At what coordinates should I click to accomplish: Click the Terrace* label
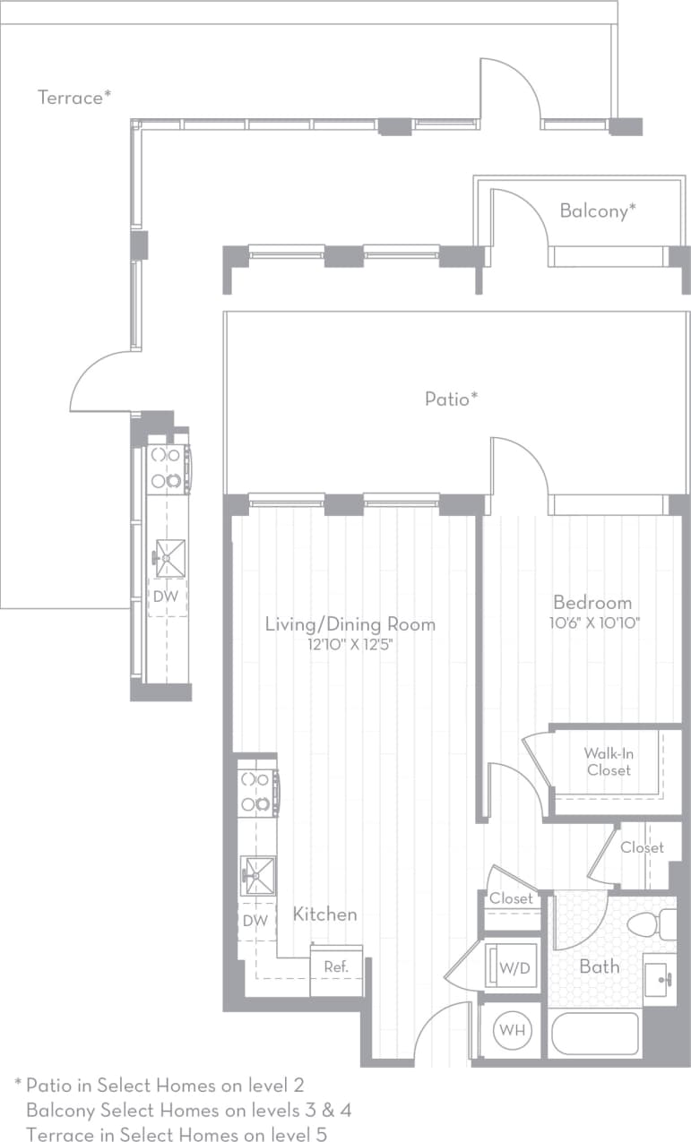pyautogui.click(x=74, y=98)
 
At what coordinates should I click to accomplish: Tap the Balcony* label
pyautogui.click(x=598, y=211)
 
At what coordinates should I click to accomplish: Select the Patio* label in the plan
pyautogui.click(x=451, y=399)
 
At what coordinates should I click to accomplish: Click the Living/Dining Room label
pyautogui.click(x=350, y=624)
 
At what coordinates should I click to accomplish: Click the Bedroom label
pyautogui.click(x=592, y=603)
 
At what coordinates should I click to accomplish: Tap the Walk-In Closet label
pyautogui.click(x=609, y=761)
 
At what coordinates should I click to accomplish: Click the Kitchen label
pyautogui.click(x=324, y=914)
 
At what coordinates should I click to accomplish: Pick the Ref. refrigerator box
pyautogui.click(x=336, y=967)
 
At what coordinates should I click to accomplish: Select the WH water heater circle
pyautogui.click(x=511, y=1031)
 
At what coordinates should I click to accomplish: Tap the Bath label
pyautogui.click(x=599, y=966)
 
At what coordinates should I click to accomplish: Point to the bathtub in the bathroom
pyautogui.click(x=594, y=1034)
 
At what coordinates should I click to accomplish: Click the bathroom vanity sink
pyautogui.click(x=659, y=979)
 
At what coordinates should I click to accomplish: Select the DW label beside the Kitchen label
pyautogui.click(x=255, y=921)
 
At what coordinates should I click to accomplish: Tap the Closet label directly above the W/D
pyautogui.click(x=511, y=898)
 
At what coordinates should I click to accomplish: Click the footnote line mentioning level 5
pyautogui.click(x=176, y=1135)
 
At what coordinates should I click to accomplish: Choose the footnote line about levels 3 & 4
pyautogui.click(x=188, y=1111)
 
